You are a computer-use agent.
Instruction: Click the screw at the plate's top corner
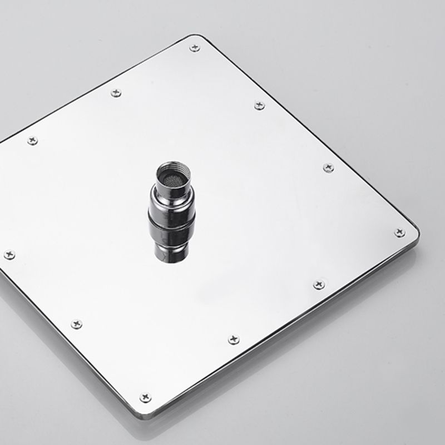coord(194,48)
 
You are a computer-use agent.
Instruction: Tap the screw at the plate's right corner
coord(399,233)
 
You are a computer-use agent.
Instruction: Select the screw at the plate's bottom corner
coord(146,397)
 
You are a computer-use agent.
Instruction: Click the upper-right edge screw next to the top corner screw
coord(259,105)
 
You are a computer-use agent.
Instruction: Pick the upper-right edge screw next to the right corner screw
coord(328,167)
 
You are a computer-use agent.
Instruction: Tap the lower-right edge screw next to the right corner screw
coord(319,284)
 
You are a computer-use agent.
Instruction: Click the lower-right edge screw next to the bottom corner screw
coord(234,339)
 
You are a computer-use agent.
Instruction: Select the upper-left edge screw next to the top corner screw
coord(116,92)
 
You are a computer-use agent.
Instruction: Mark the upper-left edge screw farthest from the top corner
coord(32,141)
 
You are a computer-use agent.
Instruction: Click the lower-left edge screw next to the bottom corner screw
coord(76,324)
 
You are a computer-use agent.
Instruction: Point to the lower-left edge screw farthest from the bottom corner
coord(9,255)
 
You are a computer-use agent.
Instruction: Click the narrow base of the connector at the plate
coord(171,256)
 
